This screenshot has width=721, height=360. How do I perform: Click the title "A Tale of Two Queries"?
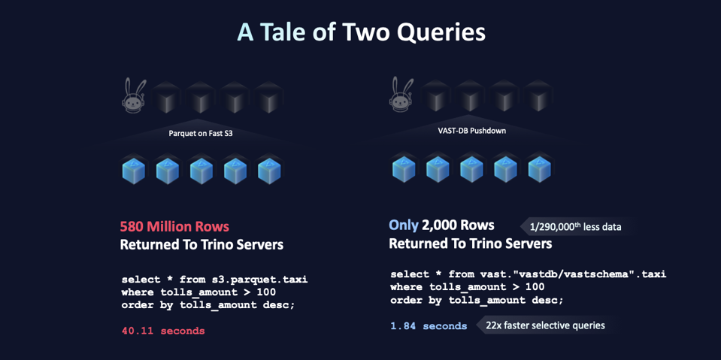click(x=360, y=32)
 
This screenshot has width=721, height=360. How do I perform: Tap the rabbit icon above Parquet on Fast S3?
click(x=134, y=95)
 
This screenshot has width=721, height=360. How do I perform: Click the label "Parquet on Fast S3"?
click(x=201, y=134)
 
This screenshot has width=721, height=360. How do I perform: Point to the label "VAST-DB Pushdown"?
click(x=471, y=131)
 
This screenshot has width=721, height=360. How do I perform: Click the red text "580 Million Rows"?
click(x=174, y=226)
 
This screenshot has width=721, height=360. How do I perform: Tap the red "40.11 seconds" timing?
click(x=163, y=331)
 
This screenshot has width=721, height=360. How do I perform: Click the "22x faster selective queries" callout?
click(x=545, y=325)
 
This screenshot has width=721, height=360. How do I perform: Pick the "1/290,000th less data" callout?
click(x=575, y=226)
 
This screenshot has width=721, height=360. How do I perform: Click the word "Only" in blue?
click(x=403, y=225)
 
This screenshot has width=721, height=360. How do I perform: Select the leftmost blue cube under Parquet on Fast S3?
click(x=134, y=171)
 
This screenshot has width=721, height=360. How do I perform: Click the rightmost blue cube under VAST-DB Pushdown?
click(x=539, y=170)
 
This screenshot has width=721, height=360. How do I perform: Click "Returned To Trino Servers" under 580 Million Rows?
click(x=201, y=245)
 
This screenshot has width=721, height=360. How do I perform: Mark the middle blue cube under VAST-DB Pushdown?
click(x=471, y=170)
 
